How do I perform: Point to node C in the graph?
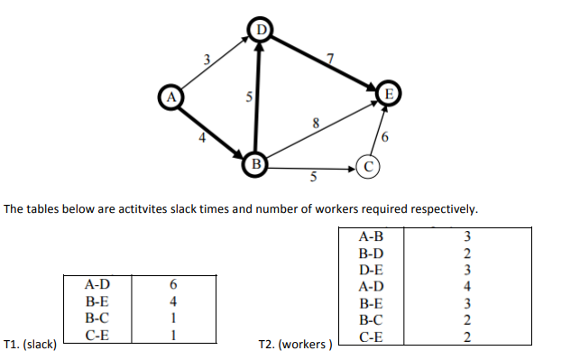click(x=369, y=166)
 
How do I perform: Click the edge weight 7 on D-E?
click(x=330, y=60)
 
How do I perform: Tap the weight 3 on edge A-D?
click(x=207, y=60)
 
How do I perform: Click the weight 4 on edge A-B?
click(x=203, y=139)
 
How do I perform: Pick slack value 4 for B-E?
click(x=171, y=300)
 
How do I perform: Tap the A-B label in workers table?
click(x=371, y=236)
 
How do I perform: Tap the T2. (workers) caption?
click(x=295, y=344)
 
